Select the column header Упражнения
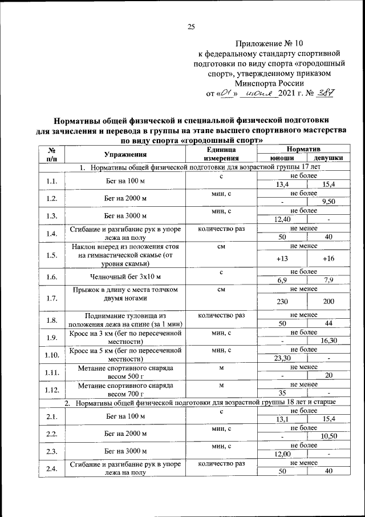(126, 154)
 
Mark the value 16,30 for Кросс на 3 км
(328, 340)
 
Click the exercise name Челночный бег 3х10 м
(126, 276)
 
